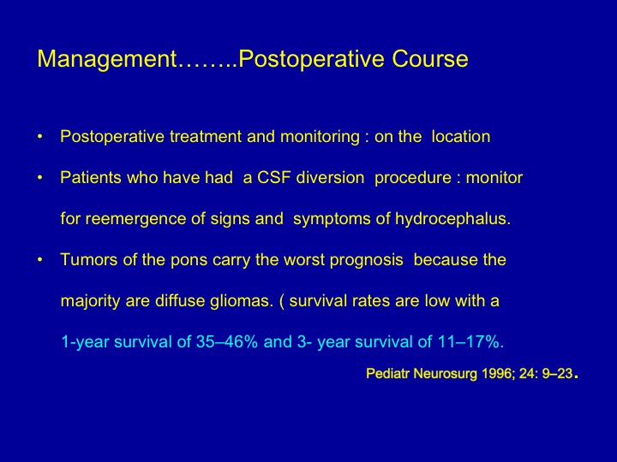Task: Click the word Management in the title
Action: point(107,59)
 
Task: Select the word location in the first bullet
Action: point(461,137)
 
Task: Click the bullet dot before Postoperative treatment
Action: point(39,137)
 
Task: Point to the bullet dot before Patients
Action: point(39,178)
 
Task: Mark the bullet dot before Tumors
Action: point(39,260)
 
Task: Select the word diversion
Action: point(330,178)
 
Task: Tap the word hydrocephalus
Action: point(452,219)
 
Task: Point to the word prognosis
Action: point(367,261)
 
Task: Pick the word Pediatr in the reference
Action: point(388,373)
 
